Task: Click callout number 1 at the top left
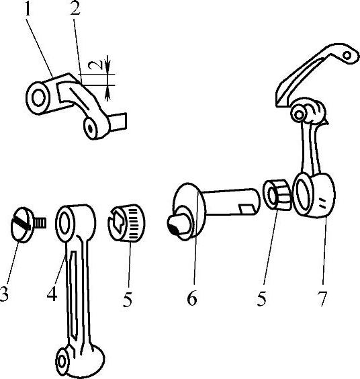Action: tap(28, 9)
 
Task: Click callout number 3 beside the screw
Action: tap(3, 294)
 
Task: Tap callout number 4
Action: tap(52, 294)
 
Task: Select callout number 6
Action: tap(192, 298)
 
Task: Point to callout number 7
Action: tap(323, 298)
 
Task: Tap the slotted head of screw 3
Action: tap(21, 224)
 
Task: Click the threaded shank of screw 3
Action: tap(40, 222)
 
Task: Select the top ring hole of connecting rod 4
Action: tap(64, 223)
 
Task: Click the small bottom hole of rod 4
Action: tap(62, 362)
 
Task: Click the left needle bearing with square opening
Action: tap(126, 223)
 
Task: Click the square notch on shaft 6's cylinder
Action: tap(246, 208)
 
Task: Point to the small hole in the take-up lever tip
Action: tap(347, 56)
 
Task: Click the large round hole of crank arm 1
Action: tap(39, 98)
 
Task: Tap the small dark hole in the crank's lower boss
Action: tap(91, 128)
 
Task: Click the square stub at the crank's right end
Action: tap(118, 122)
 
